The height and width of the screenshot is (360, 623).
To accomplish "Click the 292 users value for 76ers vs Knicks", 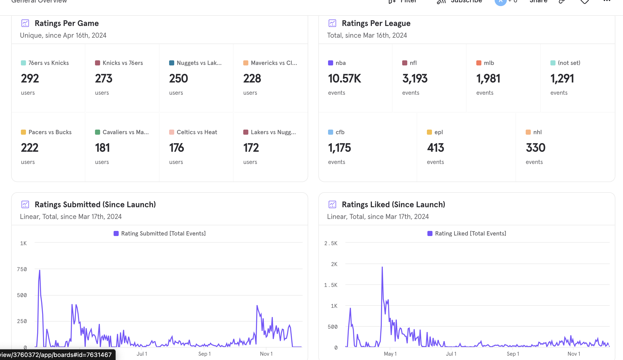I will coord(30,78).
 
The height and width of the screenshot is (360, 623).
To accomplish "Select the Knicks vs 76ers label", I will coord(123,63).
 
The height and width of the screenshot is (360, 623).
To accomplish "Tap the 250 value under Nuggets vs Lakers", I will coord(178,78).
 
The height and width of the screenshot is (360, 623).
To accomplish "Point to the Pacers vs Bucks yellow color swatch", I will coord(23,132).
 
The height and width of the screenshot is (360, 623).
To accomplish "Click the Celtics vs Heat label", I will coord(197,132).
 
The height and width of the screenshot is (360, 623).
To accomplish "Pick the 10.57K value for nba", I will coord(344,78).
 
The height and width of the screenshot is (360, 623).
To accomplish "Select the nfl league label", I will coord(413,63).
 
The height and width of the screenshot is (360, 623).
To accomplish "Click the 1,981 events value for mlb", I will coord(488,78).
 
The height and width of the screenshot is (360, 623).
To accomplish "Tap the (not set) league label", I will coord(569,63).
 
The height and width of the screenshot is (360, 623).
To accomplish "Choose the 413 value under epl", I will coord(435,148).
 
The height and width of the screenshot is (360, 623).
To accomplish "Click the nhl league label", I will coord(537,132).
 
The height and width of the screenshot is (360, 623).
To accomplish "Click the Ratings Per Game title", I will coord(66,23).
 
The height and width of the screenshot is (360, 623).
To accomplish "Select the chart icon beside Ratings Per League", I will coord(332,23).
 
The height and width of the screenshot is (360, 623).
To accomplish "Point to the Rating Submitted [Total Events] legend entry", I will coord(163,233).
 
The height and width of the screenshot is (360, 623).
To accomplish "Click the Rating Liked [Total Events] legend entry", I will coord(470,233).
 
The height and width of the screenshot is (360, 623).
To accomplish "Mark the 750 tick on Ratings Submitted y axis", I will coord(22,269).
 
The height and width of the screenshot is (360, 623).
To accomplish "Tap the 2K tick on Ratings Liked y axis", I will coord(334,264).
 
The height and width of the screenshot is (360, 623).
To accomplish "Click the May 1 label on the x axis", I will coord(390,354).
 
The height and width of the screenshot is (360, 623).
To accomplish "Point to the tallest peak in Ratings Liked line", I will coord(382,267).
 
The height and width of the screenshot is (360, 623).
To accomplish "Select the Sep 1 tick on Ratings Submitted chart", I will coord(205,354).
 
